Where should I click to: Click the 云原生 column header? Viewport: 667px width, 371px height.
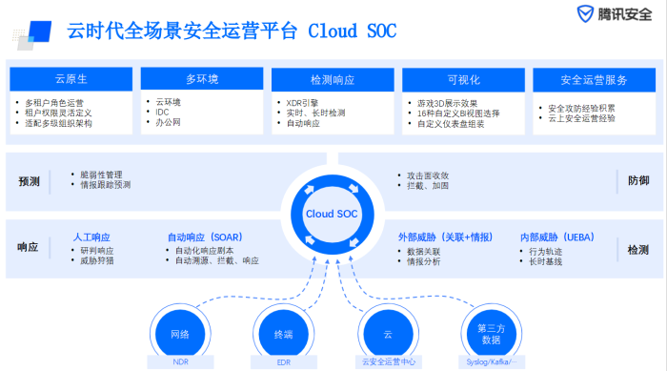[70, 78]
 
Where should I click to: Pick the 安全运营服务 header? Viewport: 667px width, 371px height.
[593, 78]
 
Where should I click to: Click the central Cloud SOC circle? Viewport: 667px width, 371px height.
[333, 214]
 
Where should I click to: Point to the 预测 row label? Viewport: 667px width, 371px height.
[29, 180]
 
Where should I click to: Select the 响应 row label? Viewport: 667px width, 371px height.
[29, 247]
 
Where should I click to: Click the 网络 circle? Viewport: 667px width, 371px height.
[180, 334]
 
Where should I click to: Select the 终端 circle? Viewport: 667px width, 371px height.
[284, 334]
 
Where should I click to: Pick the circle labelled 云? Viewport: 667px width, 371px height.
[388, 334]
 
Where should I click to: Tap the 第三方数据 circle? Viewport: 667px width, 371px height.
[491, 333]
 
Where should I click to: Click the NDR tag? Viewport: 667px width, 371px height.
[180, 362]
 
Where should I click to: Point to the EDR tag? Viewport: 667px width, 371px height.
[284, 362]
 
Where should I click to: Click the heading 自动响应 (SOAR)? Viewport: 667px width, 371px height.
[204, 236]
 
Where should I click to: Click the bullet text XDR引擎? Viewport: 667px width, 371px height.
[307, 101]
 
